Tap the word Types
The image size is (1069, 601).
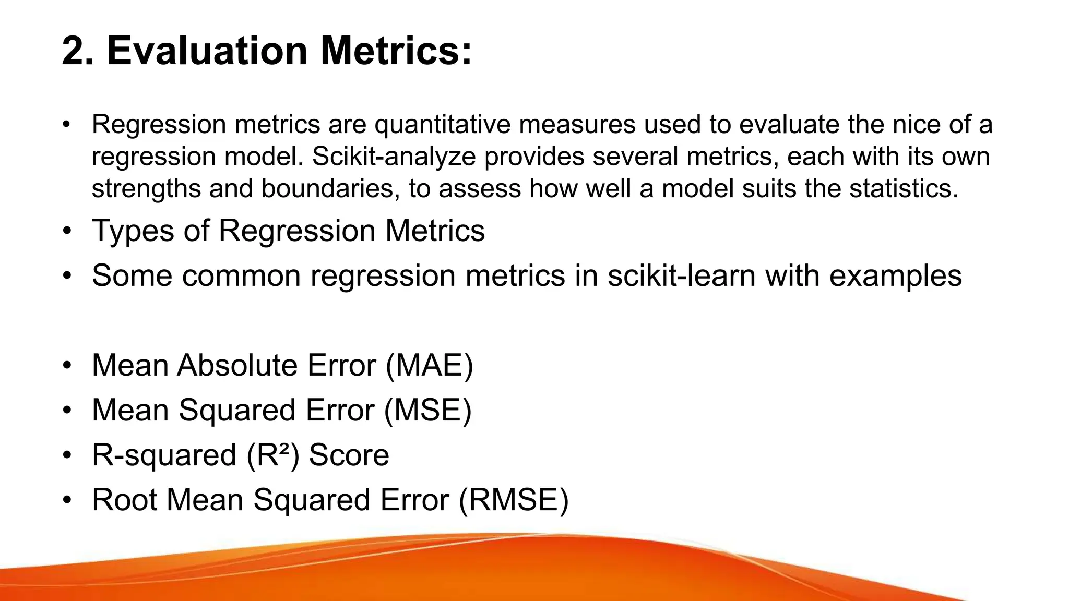(133, 231)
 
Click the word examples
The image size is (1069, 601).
(895, 275)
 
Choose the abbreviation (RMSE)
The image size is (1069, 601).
(514, 500)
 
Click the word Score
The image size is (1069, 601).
(349, 455)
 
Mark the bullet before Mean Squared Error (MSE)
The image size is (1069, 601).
(66, 410)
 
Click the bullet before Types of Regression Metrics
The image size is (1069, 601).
(66, 231)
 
